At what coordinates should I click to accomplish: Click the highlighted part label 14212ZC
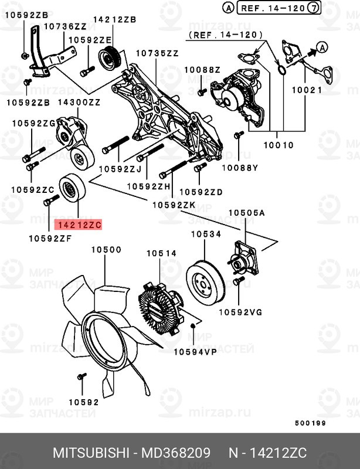coord(78,225)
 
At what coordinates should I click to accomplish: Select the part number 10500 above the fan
coord(106,250)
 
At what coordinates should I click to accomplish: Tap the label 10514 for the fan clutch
coord(162,253)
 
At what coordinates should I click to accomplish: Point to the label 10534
coord(206,234)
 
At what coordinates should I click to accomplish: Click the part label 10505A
coord(247,213)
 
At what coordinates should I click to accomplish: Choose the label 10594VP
coord(195,352)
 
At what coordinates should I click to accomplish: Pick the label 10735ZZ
coord(157,53)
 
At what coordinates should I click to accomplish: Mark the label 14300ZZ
coord(79,102)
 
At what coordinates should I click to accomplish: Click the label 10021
coord(307,90)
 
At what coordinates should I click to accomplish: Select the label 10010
coord(279,145)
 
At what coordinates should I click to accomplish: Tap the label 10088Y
coord(240,168)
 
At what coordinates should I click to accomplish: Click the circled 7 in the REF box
coord(313,8)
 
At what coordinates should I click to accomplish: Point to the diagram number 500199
coord(310,423)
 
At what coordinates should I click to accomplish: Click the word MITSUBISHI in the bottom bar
coord(91,453)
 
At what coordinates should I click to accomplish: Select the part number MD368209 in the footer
coord(176,453)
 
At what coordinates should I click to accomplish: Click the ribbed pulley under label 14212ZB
coord(110,59)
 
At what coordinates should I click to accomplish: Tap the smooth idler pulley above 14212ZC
coord(73,188)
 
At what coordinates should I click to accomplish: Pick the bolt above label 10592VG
coord(239,281)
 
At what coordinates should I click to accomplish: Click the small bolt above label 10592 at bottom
coord(81,376)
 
